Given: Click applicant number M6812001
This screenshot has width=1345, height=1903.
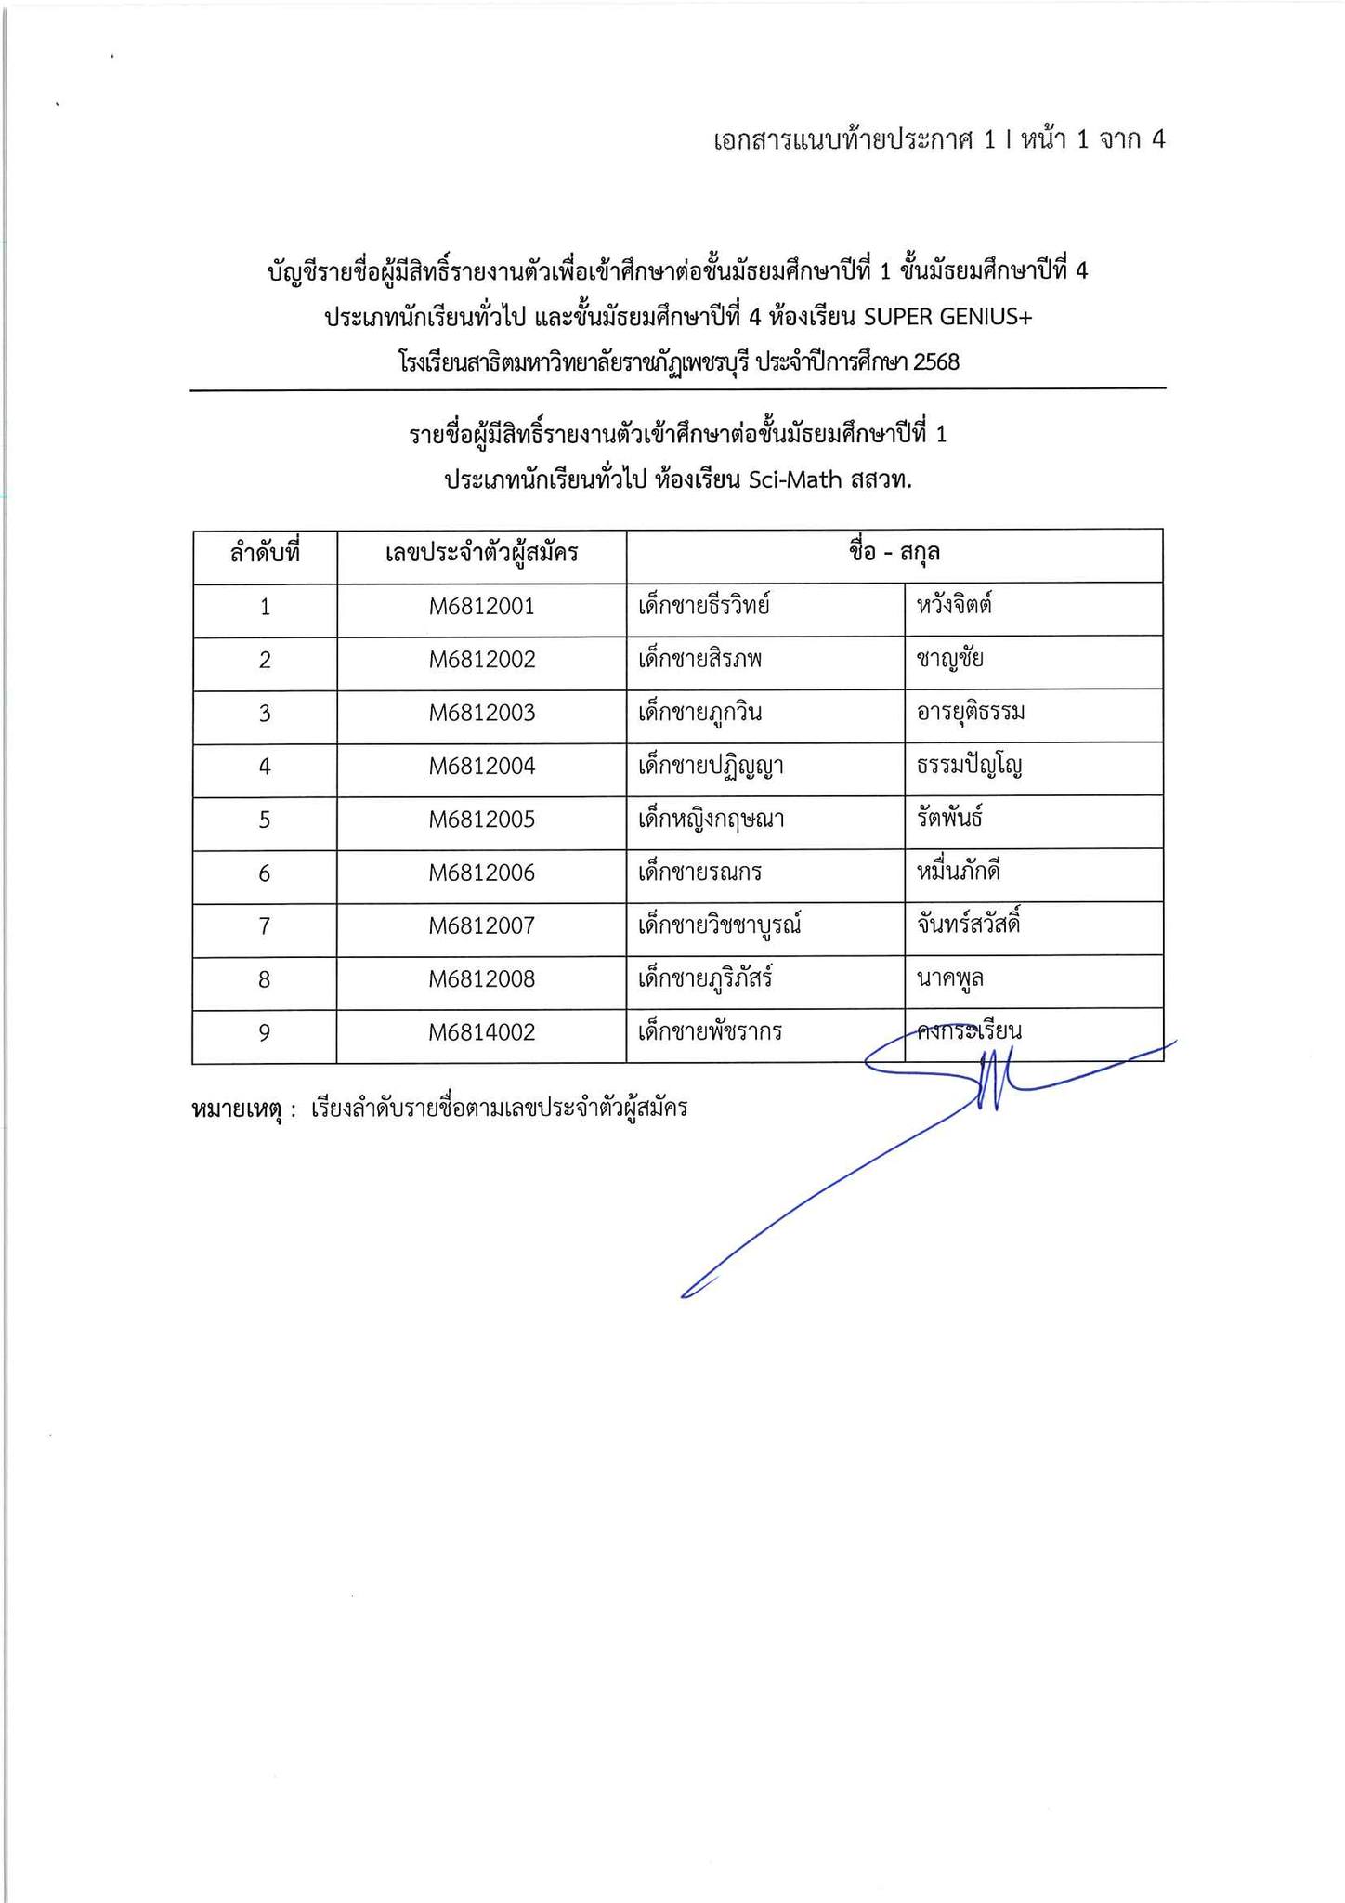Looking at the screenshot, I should click(x=481, y=608).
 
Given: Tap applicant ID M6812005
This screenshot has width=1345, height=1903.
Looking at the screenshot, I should click(x=481, y=820).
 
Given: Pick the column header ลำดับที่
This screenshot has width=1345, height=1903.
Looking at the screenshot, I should click(x=265, y=554).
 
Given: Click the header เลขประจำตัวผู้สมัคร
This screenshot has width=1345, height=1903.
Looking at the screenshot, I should click(x=481, y=554).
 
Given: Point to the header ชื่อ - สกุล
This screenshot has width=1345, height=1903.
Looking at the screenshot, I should click(x=894, y=553).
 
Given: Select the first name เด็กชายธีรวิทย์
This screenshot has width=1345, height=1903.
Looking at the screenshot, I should click(x=704, y=608).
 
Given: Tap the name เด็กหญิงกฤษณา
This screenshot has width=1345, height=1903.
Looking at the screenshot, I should click(x=712, y=820).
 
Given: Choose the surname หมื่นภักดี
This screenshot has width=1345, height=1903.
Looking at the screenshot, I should click(x=958, y=873).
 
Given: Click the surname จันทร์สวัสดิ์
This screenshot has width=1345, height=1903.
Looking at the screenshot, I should click(x=968, y=925).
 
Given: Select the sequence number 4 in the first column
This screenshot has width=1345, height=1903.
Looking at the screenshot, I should click(x=265, y=768).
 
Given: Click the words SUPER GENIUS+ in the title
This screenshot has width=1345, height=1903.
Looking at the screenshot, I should click(x=947, y=318).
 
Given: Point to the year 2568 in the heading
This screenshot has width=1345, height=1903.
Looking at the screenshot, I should click(x=935, y=362).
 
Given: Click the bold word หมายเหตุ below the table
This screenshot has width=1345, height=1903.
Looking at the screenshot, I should click(x=237, y=1109).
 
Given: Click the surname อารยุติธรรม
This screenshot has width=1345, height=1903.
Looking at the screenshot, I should click(x=970, y=714).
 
